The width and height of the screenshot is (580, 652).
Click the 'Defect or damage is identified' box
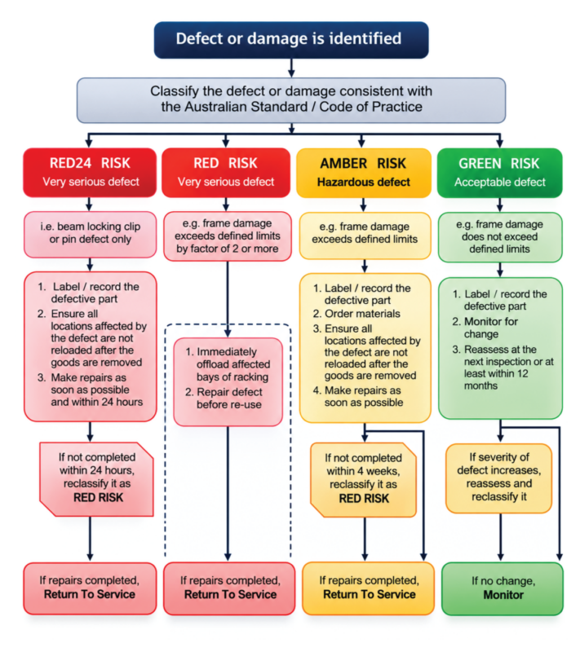pos(291,40)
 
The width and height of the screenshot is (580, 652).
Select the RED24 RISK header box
pos(90,172)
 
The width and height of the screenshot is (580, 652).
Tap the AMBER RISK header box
pos(364,173)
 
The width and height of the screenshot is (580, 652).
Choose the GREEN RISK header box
pos(500,173)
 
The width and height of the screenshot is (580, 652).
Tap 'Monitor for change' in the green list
pos(485,328)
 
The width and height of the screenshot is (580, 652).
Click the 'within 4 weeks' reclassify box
pos(364,479)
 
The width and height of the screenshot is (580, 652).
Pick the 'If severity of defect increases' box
pos(499,478)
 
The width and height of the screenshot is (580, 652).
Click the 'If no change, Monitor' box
pos(503,588)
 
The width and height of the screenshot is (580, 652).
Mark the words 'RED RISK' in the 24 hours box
pos(98,497)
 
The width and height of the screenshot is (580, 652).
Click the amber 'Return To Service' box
pos(369,588)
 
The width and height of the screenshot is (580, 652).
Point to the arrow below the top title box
pos(291,68)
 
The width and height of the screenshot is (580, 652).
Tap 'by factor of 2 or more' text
pos(228,249)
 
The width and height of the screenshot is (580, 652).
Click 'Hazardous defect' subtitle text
pos(364,182)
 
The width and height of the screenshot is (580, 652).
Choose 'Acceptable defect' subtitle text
pos(500,182)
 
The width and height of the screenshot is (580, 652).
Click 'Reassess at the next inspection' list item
pos(503,368)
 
